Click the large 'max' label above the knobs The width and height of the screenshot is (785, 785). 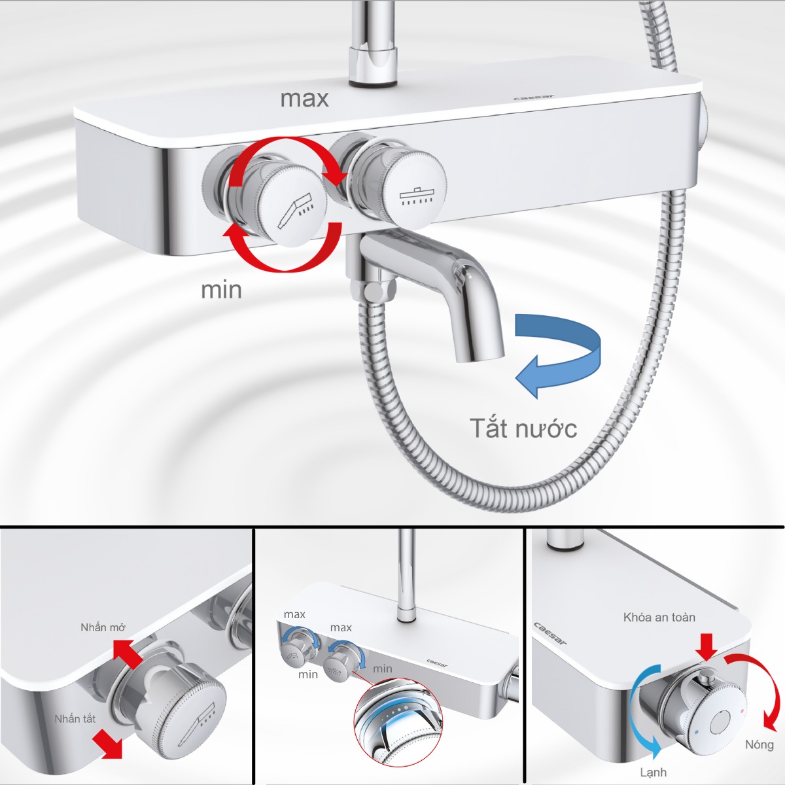(304, 99)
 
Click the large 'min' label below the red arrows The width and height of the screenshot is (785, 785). (221, 290)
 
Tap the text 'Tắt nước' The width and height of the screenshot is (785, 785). (523, 428)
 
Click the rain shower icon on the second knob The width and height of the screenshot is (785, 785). (416, 196)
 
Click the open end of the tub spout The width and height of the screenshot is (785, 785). (481, 354)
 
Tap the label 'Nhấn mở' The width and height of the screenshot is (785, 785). (103, 627)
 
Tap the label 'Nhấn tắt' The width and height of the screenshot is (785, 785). (75, 719)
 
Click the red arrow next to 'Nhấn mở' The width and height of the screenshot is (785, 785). (127, 654)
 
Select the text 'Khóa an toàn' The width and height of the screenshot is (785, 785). (659, 617)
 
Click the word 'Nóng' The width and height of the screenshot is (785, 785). (759, 744)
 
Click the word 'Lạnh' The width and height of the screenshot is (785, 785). (653, 773)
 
